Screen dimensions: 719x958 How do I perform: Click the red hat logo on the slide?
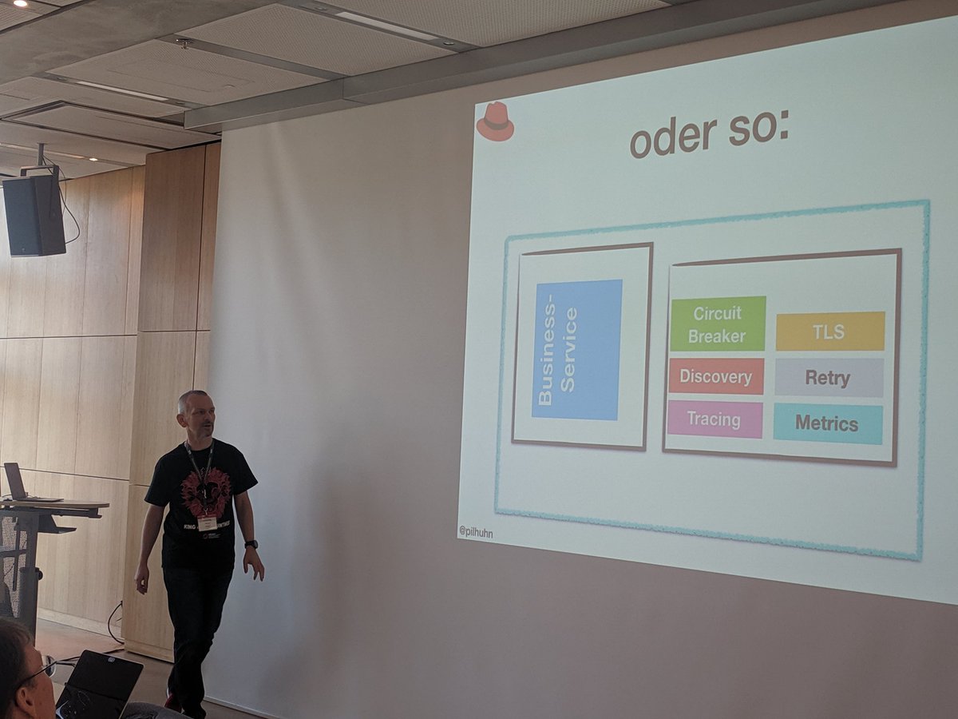click(495, 122)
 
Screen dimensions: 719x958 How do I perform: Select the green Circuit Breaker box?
click(717, 324)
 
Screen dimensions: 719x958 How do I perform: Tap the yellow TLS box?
click(829, 331)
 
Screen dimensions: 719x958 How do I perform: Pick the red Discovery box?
click(715, 376)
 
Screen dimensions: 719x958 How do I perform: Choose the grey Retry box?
click(828, 378)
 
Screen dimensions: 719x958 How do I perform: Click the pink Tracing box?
click(715, 419)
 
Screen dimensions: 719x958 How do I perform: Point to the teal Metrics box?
click(827, 424)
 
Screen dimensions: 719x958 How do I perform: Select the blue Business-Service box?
click(576, 350)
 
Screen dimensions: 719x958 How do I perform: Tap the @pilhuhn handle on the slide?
click(476, 531)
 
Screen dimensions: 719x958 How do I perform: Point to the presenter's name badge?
click(207, 523)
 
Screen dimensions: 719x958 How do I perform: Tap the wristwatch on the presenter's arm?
click(251, 544)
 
